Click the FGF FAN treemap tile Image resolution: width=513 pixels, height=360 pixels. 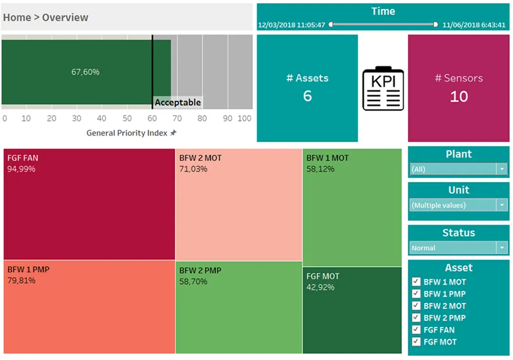[89, 204]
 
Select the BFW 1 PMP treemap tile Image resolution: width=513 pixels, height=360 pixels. [89, 307]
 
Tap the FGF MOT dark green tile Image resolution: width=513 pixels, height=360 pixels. [352, 310]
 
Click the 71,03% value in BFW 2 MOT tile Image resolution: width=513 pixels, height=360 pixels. [193, 169]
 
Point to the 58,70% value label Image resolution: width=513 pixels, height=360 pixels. [193, 282]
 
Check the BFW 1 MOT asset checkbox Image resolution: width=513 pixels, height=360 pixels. [416, 282]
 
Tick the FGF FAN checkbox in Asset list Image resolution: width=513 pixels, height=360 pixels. [416, 330]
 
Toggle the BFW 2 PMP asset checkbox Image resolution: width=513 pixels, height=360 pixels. [416, 318]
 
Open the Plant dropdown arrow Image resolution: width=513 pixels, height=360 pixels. [502, 169]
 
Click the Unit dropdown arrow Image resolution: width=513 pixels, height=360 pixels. [502, 205]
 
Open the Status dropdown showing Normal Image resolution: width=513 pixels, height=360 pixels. [502, 248]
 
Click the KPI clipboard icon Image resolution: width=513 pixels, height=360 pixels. [383, 88]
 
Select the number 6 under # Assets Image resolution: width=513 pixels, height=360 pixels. [307, 96]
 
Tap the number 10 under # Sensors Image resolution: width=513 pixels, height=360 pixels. [459, 96]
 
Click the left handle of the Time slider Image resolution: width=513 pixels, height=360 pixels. [331, 24]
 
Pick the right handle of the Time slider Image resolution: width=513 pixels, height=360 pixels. [436, 24]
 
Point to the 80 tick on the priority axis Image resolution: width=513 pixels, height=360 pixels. [202, 118]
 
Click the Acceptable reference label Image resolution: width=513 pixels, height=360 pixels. [177, 103]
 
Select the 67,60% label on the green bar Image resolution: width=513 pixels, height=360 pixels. [86, 72]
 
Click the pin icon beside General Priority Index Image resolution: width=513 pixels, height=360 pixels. [173, 133]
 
